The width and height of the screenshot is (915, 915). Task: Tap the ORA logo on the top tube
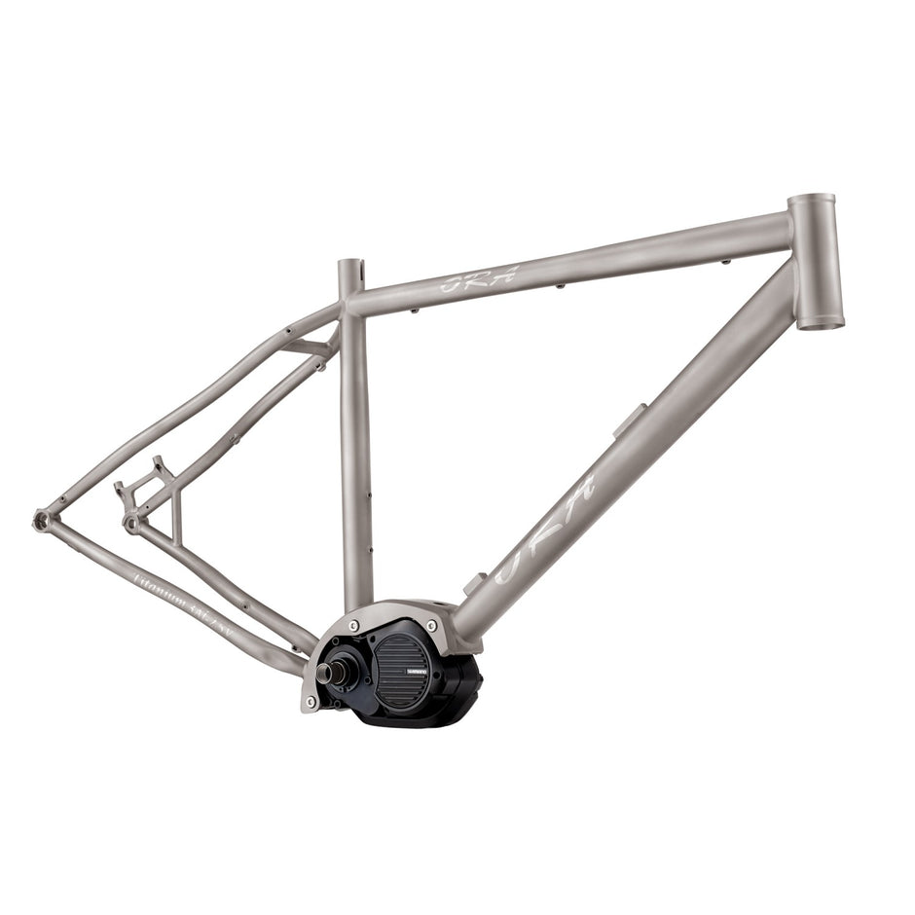[x=478, y=280]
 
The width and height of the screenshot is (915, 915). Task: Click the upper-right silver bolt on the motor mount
[x=431, y=625]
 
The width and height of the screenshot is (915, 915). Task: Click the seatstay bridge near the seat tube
[x=310, y=348]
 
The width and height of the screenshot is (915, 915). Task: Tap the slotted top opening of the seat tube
[x=350, y=266]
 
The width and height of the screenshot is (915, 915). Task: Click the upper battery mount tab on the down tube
[x=628, y=420]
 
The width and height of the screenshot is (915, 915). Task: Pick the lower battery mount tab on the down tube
[x=474, y=583]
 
